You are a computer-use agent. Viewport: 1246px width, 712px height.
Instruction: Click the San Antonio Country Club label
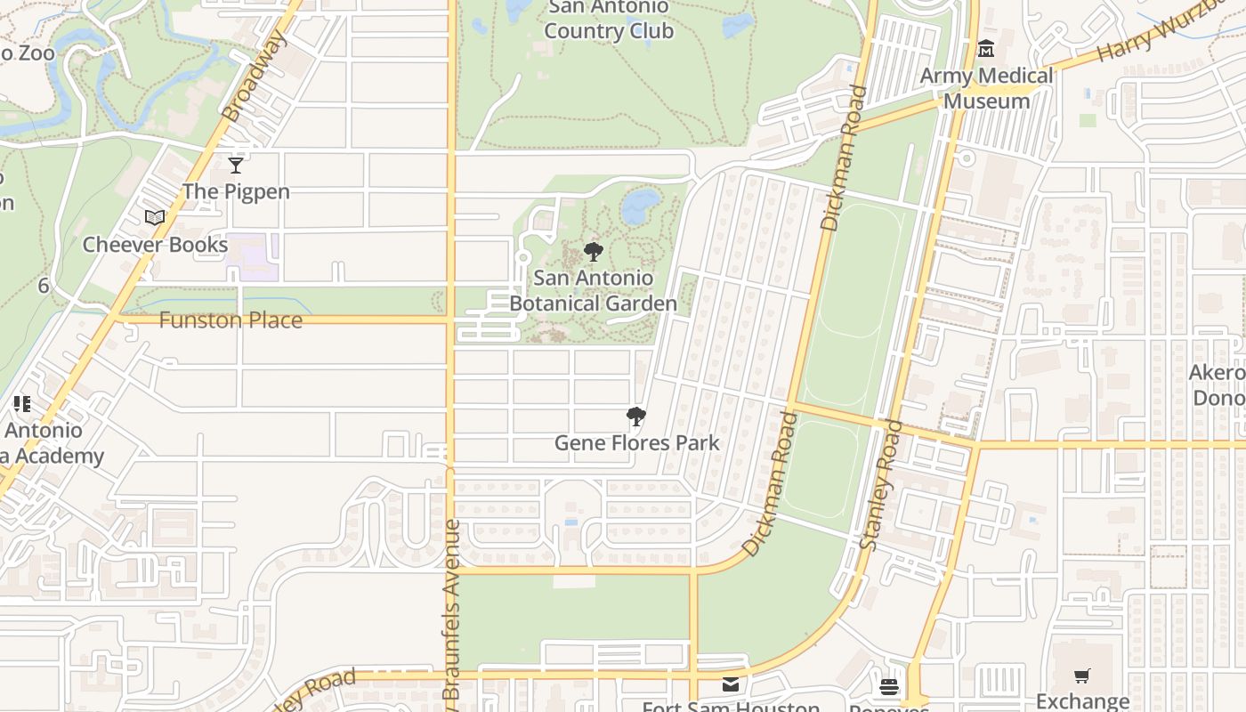(609, 20)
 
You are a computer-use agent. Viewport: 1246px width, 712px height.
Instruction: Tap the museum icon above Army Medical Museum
(985, 49)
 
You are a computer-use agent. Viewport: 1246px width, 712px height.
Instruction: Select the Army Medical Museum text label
(986, 88)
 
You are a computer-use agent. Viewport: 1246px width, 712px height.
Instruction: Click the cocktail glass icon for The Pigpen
(236, 166)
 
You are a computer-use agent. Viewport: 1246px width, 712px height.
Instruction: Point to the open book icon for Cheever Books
(155, 218)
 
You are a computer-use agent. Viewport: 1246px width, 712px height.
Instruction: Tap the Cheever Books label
(155, 245)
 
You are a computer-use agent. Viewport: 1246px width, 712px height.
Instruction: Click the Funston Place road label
(231, 320)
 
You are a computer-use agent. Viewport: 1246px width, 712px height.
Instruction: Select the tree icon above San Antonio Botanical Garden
(593, 252)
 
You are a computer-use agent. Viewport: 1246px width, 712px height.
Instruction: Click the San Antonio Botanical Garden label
(593, 291)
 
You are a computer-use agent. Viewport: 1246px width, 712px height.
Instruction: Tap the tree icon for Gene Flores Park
(635, 417)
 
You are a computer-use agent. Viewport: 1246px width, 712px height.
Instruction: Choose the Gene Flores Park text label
(636, 442)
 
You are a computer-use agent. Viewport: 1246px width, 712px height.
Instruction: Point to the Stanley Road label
(881, 485)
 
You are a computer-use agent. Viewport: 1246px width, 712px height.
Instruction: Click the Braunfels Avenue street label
(451, 610)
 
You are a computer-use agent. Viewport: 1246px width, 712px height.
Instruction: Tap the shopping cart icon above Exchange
(1081, 676)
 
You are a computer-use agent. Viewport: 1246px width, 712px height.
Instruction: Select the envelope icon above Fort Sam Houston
(731, 684)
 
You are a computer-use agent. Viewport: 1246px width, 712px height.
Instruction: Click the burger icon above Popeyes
(888, 686)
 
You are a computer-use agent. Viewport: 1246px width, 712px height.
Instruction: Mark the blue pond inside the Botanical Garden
(640, 206)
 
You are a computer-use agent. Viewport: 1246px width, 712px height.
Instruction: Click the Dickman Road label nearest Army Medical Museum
(843, 158)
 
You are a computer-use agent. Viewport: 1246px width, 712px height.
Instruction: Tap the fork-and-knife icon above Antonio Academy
(22, 405)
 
